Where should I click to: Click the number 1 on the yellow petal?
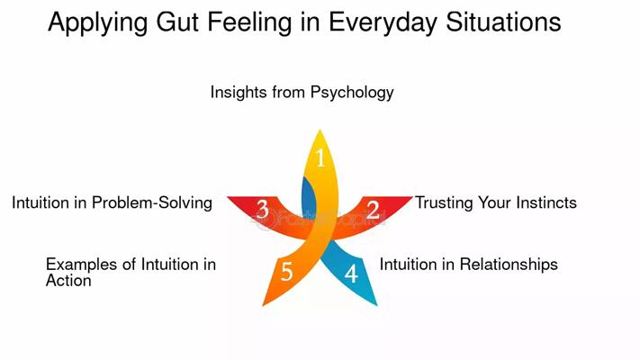point(320,157)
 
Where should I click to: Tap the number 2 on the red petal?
point(373,210)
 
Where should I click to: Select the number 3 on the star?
point(263,209)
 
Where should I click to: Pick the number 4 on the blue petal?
point(351,274)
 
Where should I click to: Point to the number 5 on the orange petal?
point(286,272)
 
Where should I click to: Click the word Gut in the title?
point(176,22)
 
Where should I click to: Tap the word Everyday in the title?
point(383,22)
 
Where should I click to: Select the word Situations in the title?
point(503,22)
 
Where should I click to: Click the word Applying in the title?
point(97,22)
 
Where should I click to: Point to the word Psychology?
point(352,93)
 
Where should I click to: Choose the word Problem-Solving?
point(152,202)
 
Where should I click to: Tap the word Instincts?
point(546,202)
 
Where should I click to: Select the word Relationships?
point(509,265)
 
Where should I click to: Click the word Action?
point(68,281)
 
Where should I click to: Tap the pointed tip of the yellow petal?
point(320,130)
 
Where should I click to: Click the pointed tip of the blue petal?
point(377,305)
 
